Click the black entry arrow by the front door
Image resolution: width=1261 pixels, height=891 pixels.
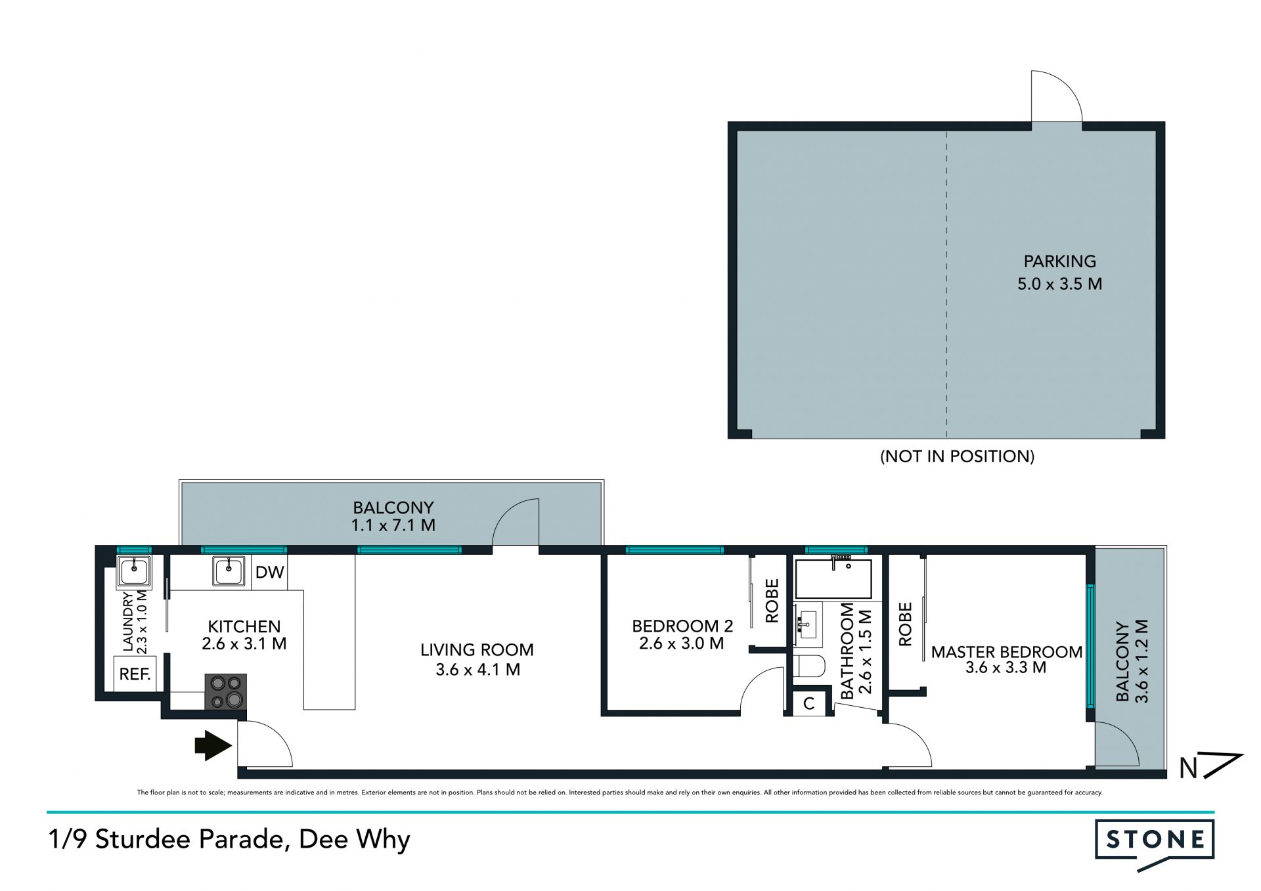coord(213,745)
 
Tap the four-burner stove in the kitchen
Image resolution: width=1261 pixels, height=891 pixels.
coord(225,691)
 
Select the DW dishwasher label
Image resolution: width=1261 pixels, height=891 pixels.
coord(269,572)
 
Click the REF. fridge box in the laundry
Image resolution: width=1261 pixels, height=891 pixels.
coord(135,674)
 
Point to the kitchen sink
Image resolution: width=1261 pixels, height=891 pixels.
coord(229,571)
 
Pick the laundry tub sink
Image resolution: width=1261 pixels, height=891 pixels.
coord(134,571)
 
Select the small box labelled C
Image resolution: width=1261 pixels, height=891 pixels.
coord(808,703)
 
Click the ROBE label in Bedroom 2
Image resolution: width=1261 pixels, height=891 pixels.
coord(772,600)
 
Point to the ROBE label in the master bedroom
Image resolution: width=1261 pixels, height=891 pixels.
coord(905,624)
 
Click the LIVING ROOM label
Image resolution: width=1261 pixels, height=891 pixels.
coord(477,650)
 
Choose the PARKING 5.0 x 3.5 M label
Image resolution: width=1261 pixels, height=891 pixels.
coord(1059,272)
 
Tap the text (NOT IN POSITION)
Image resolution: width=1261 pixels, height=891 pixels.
coord(957,456)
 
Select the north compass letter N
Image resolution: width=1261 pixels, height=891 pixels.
coord(1188,768)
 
